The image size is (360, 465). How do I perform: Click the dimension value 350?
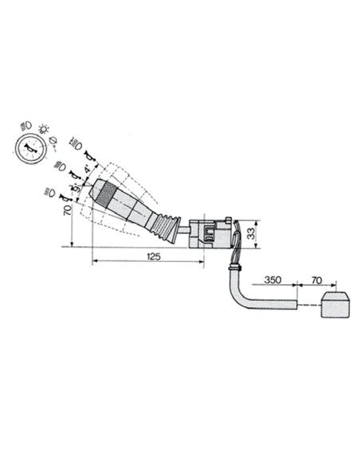tap(273, 282)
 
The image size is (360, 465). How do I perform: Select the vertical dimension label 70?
tap(69, 212)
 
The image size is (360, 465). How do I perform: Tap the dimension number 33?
tap(250, 233)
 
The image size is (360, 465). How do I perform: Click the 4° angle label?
tap(85, 170)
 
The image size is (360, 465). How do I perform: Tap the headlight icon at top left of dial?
tap(24, 127)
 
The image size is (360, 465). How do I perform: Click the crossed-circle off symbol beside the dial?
tap(53, 143)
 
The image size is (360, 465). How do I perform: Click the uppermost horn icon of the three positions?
tap(88, 144)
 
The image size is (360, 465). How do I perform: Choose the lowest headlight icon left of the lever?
tap(50, 191)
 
